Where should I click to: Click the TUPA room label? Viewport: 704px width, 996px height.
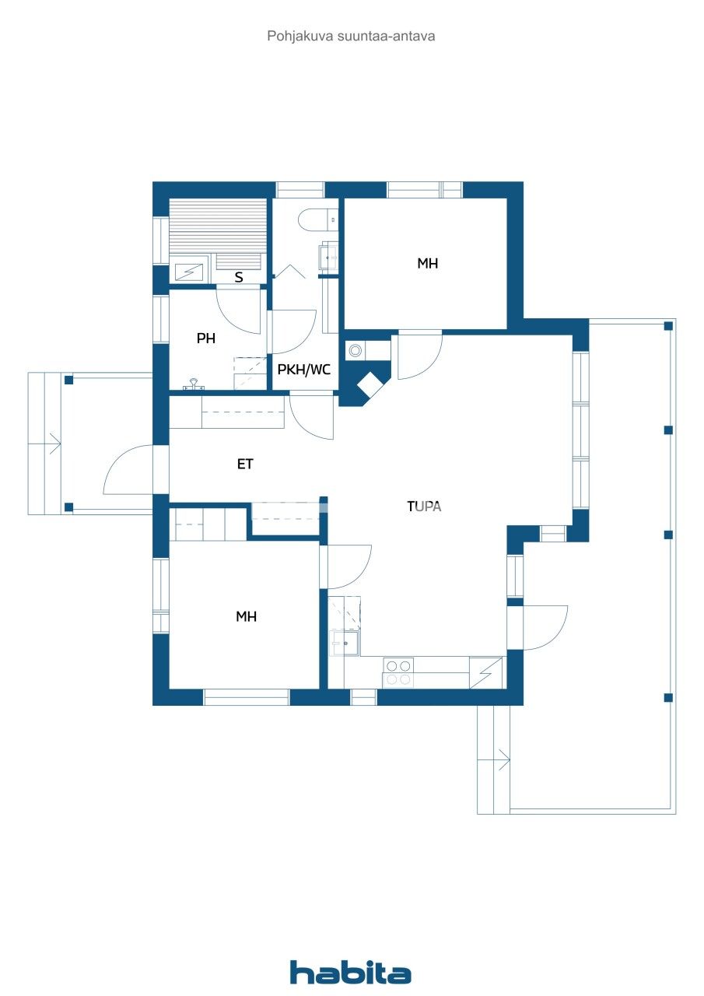coord(424,506)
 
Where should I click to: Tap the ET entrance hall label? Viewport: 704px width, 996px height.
coord(245,465)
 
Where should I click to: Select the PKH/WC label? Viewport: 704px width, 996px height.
coord(303,370)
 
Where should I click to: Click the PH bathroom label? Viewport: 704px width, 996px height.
coord(205,338)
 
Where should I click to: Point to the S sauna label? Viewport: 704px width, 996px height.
coord(239,277)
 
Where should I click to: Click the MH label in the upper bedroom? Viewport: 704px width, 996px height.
coord(427,263)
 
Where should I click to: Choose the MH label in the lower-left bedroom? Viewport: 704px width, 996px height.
coord(246,616)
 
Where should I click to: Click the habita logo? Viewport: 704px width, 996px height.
coord(350,972)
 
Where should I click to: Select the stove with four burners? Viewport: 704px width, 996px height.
coord(399,672)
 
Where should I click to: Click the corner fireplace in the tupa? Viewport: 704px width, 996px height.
coord(369,384)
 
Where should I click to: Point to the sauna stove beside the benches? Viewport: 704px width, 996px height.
coord(187,271)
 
